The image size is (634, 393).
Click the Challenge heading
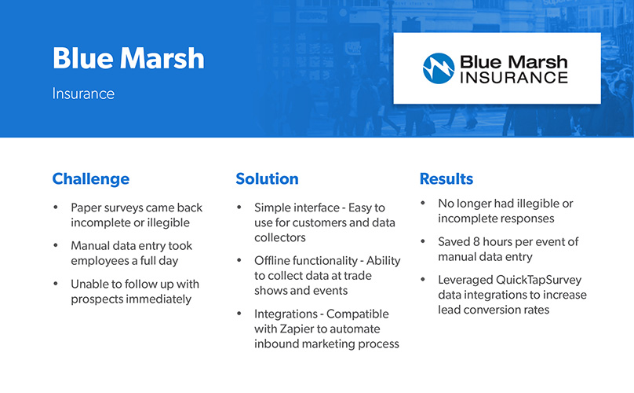91,179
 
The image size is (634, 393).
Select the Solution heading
268,178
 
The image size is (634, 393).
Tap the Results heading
446,178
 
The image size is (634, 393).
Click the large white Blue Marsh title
129,58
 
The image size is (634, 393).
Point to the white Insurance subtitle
83,94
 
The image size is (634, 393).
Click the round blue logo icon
439,68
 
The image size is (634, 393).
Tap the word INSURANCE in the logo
514,77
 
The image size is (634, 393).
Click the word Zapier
297,329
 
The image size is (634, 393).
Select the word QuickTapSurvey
538,280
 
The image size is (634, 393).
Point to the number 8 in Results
476,242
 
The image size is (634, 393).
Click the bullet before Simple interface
239,207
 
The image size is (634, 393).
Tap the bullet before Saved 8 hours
423,241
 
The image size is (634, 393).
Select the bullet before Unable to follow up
56,284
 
